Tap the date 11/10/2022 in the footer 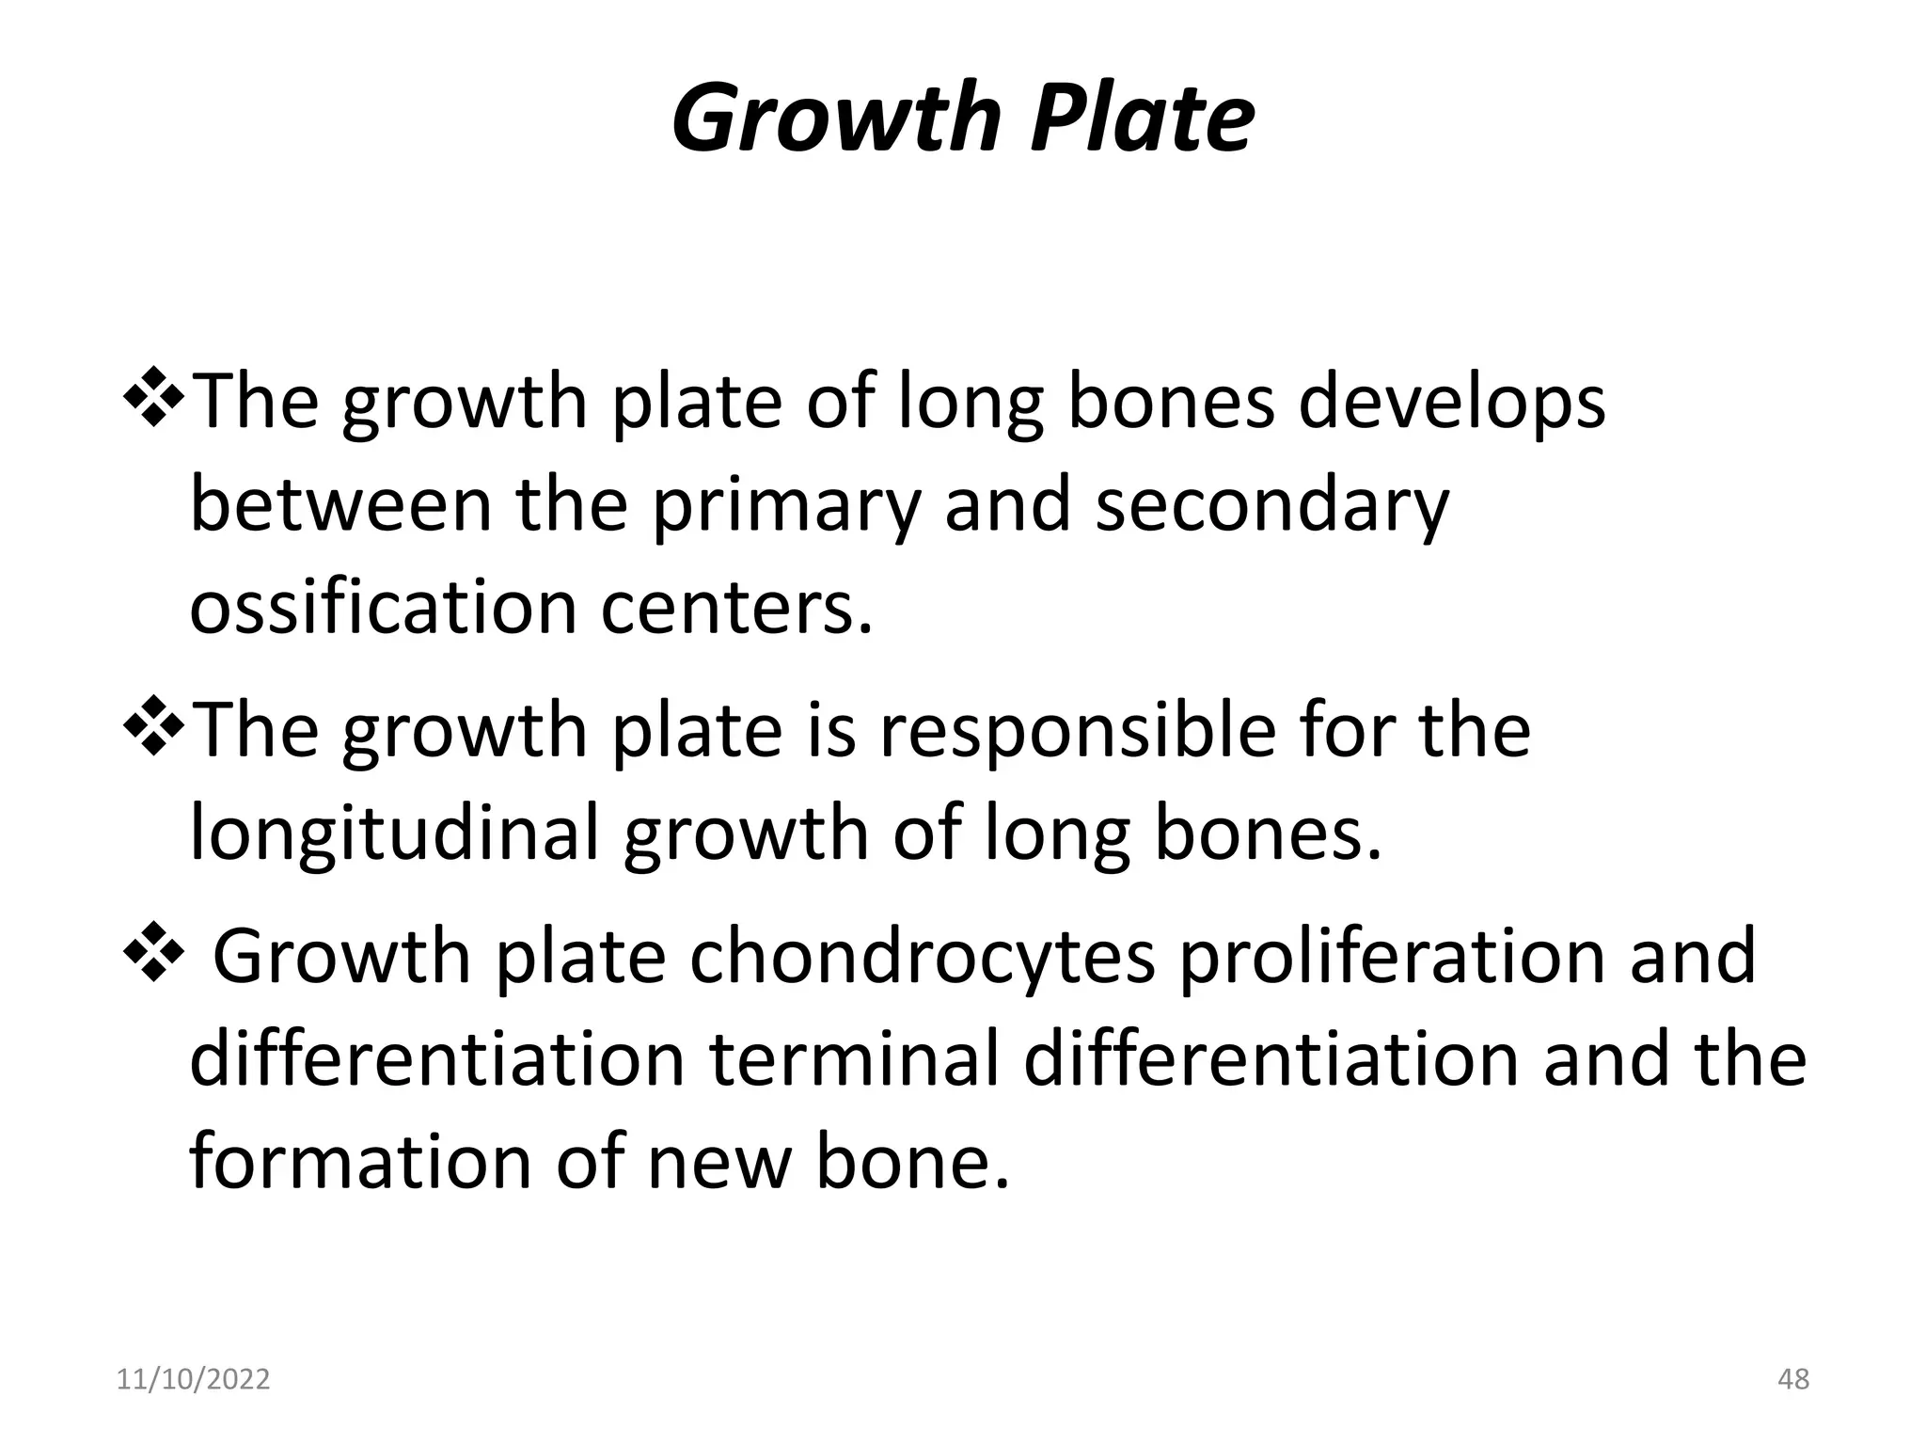point(193,1379)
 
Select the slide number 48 point(1793,1379)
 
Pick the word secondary point(1272,506)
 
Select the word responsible point(1078,730)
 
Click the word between point(341,506)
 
